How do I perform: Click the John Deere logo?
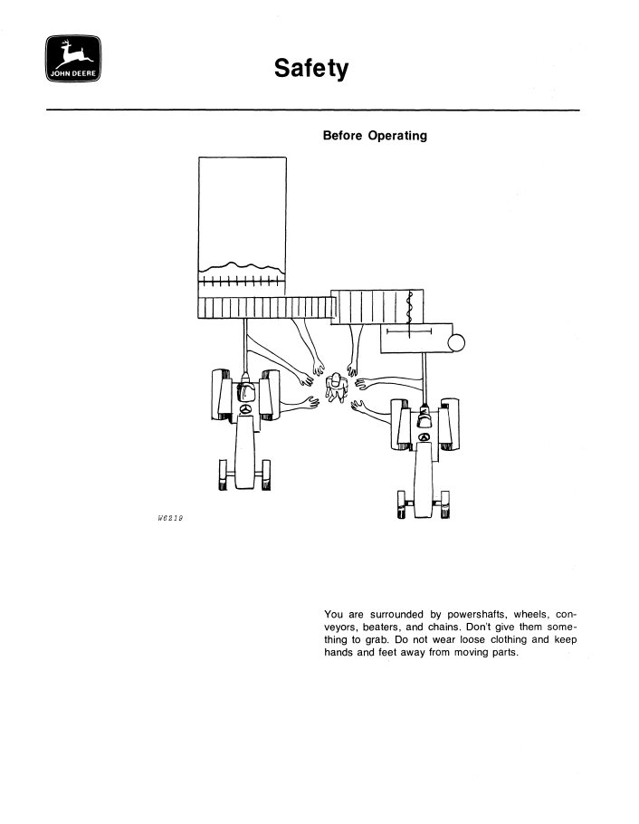point(73,58)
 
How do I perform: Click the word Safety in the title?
point(311,69)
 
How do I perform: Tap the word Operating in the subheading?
point(397,136)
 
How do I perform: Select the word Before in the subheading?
point(342,136)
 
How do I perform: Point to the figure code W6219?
point(170,518)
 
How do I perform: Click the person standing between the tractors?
point(336,388)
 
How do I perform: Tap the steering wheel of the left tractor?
point(245,409)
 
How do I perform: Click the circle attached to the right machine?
point(456,342)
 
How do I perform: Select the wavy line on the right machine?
point(410,308)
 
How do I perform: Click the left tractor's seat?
point(245,390)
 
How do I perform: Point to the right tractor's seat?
point(424,419)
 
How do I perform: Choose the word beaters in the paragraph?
point(382,627)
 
